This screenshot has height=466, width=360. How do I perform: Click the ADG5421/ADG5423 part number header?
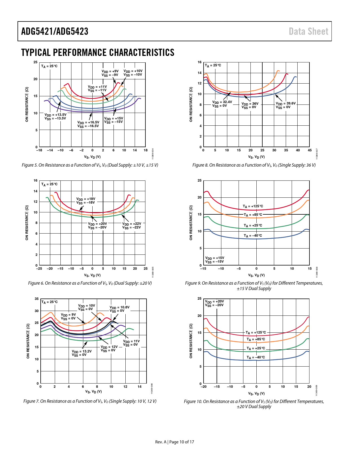click(55, 31)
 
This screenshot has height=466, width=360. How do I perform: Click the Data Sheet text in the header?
click(308, 31)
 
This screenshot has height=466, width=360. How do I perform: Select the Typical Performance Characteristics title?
click(98, 53)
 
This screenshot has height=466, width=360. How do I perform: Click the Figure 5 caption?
click(90, 165)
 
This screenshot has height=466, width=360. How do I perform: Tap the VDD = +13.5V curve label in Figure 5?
click(55, 117)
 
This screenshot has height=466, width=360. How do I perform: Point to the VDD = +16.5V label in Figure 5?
click(88, 124)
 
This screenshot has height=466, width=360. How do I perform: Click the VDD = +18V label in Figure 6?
click(86, 201)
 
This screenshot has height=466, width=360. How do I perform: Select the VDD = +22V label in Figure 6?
click(132, 225)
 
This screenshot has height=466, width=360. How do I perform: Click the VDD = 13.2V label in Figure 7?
click(82, 353)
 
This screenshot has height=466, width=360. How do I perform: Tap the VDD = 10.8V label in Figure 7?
click(119, 309)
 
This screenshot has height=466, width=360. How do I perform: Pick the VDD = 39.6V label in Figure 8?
click(285, 105)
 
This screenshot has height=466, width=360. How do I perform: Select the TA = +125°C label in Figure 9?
click(253, 206)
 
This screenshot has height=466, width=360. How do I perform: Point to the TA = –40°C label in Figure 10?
click(256, 357)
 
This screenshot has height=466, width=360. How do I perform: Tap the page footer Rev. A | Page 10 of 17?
click(174, 442)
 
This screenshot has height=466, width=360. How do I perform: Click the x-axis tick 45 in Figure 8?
click(309, 150)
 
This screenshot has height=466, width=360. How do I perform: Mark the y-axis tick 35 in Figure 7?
click(37, 299)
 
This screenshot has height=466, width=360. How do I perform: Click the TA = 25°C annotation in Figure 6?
click(49, 184)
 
